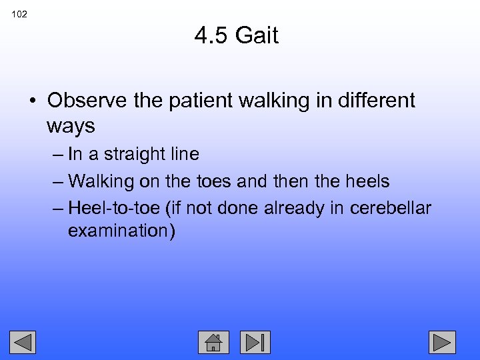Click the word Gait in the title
click(257, 35)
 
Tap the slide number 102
click(19, 14)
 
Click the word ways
click(71, 125)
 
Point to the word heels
click(367, 181)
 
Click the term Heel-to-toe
click(114, 207)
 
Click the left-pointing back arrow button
click(23, 342)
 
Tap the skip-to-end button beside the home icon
click(255, 342)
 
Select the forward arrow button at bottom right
click(441, 342)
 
